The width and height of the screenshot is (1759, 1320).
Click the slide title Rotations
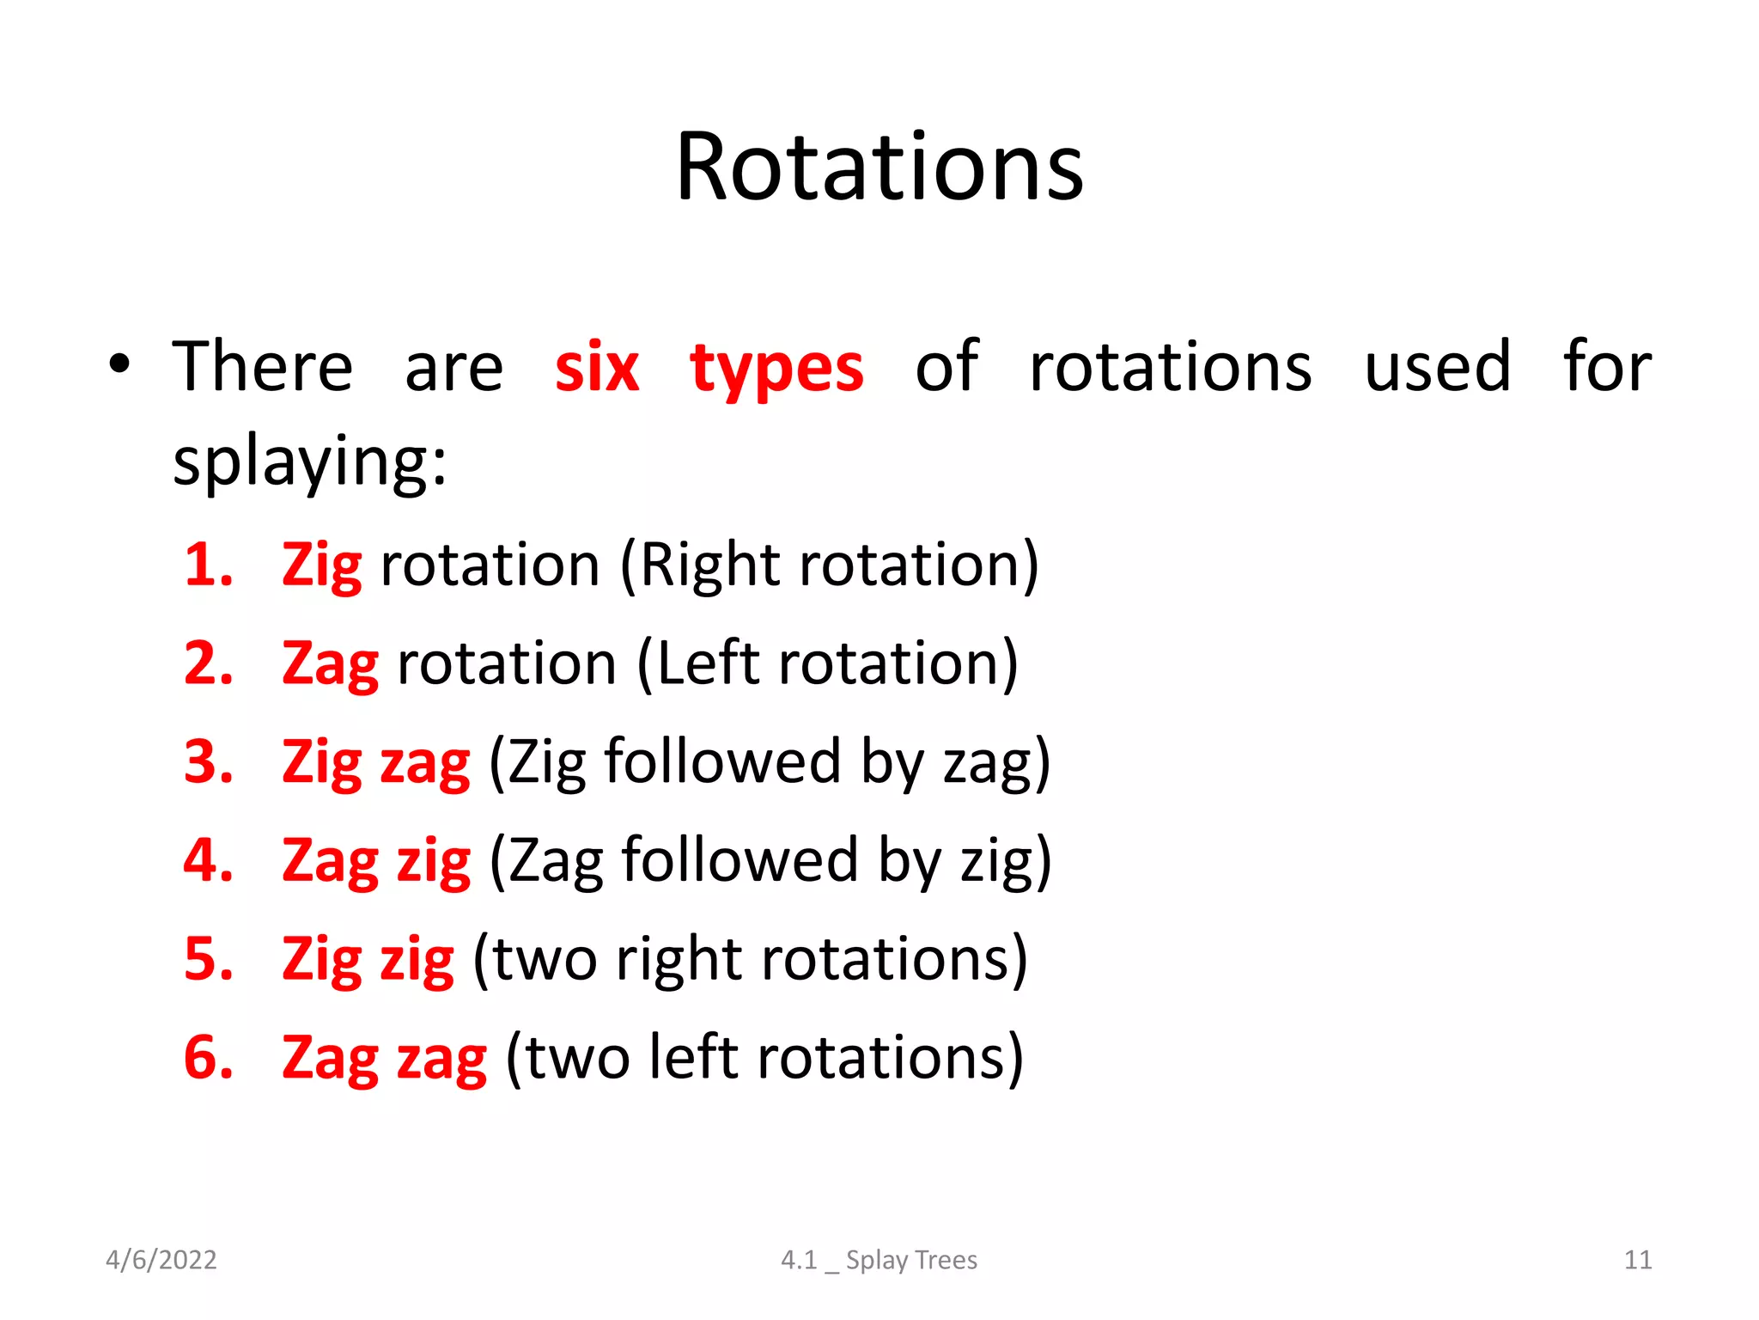pyautogui.click(x=879, y=168)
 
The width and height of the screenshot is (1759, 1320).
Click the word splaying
pyautogui.click(x=309, y=462)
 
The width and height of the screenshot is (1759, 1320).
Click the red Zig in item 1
pyautogui.click(x=321, y=566)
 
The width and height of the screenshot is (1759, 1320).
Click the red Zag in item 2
pyautogui.click(x=330, y=664)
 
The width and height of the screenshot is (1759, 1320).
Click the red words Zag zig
pyautogui.click(x=376, y=860)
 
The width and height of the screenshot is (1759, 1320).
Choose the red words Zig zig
pyautogui.click(x=368, y=959)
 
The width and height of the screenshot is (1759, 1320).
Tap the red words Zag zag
pyautogui.click(x=384, y=1058)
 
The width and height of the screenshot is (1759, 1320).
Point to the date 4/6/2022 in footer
pyautogui.click(x=161, y=1260)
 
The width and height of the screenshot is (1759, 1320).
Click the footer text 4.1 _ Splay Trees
pyautogui.click(x=879, y=1260)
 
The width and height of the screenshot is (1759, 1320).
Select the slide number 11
pyautogui.click(x=1637, y=1260)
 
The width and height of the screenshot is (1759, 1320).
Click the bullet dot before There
pyautogui.click(x=119, y=364)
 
